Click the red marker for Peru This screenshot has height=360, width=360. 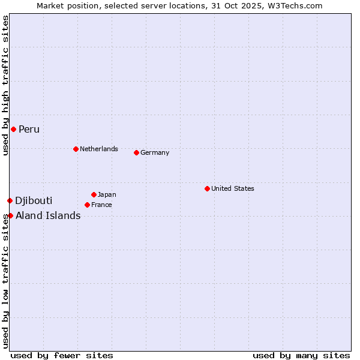[x=13, y=129]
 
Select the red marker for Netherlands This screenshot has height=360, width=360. [x=76, y=149]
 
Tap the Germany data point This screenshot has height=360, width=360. [x=136, y=152]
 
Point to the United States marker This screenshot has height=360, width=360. [x=207, y=188]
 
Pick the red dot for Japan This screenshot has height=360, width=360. [x=94, y=194]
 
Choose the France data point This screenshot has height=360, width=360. [x=87, y=205]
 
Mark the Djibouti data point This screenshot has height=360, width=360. [x=10, y=200]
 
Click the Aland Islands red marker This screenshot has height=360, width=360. [x=10, y=215]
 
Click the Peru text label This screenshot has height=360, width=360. [x=29, y=130]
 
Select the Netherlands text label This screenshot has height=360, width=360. [x=99, y=149]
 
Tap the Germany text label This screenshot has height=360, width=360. [x=155, y=152]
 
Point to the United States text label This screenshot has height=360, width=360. [x=233, y=188]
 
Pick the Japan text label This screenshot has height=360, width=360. [x=107, y=194]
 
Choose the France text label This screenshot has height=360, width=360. [x=101, y=205]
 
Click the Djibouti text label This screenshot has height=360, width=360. [x=34, y=200]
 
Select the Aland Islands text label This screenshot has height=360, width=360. [x=48, y=216]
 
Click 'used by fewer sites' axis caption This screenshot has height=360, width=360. [x=62, y=355]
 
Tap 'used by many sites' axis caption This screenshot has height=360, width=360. [x=301, y=355]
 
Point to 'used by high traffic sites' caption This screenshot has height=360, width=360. [x=5, y=85]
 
